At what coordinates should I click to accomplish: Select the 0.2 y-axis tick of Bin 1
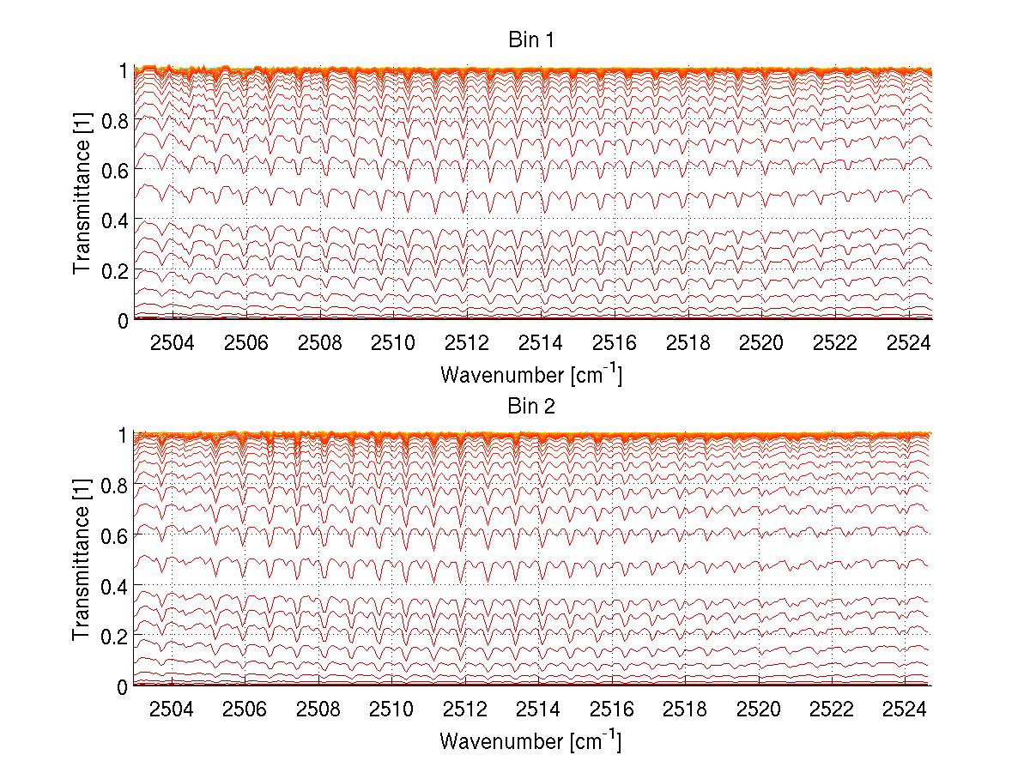tap(114, 270)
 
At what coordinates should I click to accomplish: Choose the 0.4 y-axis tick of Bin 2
tap(114, 586)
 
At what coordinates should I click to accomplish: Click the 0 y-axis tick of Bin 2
tap(123, 686)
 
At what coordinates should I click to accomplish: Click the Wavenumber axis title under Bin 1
tap(530, 374)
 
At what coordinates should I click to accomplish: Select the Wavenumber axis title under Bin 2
tap(530, 740)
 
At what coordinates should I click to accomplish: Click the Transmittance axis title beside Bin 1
tap(82, 195)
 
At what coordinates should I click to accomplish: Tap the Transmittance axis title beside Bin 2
tap(82, 561)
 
